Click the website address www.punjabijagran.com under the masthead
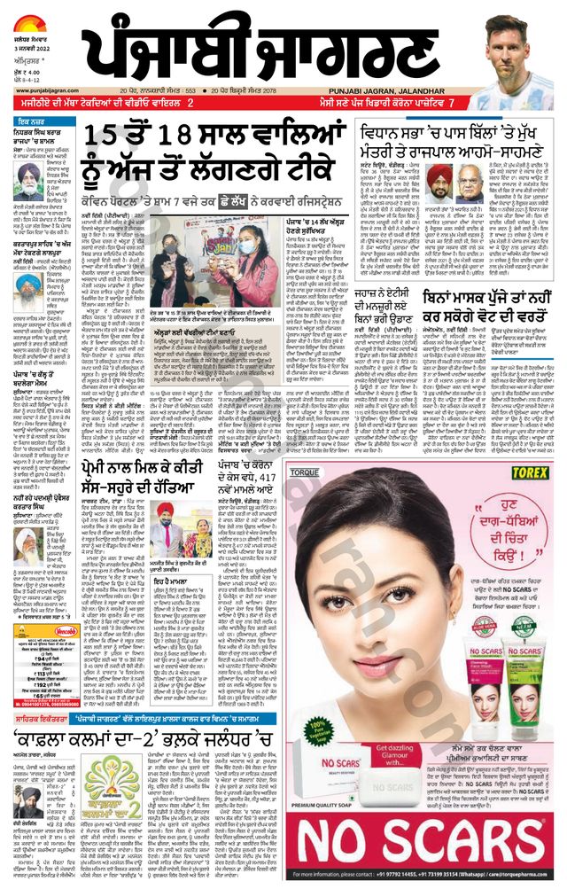[36, 91]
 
